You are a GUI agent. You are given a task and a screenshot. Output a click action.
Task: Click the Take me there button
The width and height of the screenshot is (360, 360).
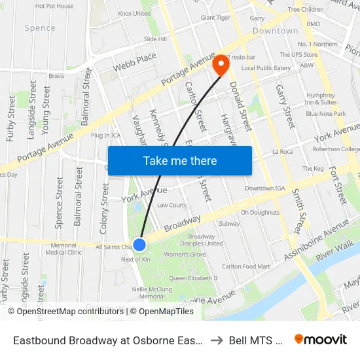pyautogui.click(x=180, y=160)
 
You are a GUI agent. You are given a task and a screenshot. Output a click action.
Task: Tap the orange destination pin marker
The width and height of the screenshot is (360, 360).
pyautogui.click(x=220, y=64)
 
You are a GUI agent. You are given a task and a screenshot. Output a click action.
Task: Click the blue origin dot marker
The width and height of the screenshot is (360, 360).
pyautogui.click(x=139, y=245)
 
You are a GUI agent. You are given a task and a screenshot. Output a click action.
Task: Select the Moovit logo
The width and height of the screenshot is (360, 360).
pyautogui.click(x=321, y=340)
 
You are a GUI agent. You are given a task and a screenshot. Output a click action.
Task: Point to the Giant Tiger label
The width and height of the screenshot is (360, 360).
pyautogui.click(x=215, y=18)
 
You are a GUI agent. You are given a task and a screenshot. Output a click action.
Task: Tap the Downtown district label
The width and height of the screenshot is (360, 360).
pyautogui.click(x=275, y=31)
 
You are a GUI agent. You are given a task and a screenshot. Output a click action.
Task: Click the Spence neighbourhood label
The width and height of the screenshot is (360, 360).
pyautogui.click(x=40, y=28)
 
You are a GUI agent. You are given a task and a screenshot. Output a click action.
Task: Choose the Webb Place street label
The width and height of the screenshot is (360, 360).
pyautogui.click(x=135, y=63)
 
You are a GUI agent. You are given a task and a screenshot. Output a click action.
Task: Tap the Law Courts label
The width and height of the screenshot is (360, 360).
pyautogui.click(x=171, y=205)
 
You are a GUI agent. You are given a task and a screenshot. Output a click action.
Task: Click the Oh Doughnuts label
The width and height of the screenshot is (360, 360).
pyautogui.click(x=260, y=212)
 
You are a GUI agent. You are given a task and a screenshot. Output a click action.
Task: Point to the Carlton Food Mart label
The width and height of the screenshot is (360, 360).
pyautogui.click(x=245, y=266)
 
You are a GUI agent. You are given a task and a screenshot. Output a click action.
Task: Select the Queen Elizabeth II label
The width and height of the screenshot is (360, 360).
pyautogui.click(x=193, y=278)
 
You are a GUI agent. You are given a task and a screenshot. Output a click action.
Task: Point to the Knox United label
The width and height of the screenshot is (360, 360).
pyautogui.click(x=134, y=13)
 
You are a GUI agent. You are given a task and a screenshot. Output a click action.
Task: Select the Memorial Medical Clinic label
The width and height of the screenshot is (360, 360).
pyautogui.click(x=63, y=248)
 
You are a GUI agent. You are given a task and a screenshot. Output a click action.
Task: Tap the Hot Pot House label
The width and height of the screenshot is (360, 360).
pyautogui.click(x=54, y=6)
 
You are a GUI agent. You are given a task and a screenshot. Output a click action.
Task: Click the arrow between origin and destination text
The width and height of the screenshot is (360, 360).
pyautogui.click(x=217, y=340)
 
